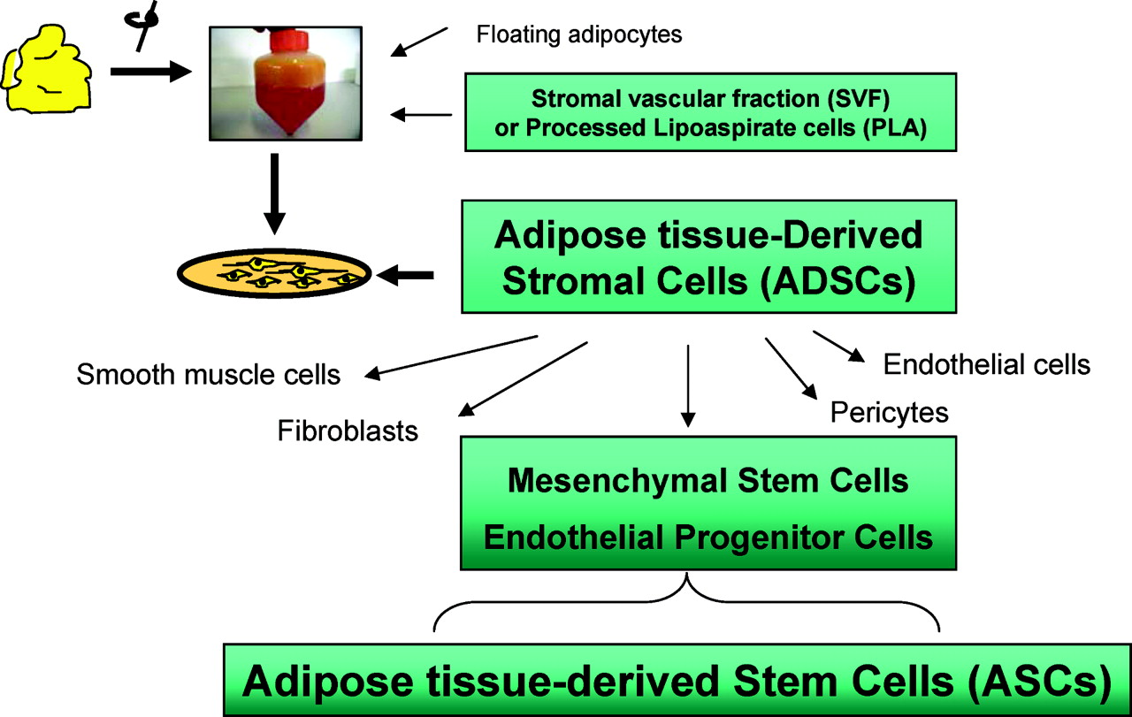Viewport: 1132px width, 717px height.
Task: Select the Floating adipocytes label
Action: (x=578, y=36)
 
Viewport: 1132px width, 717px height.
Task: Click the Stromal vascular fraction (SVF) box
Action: (x=708, y=111)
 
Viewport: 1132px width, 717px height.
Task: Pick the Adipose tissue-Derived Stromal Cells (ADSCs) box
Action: (x=708, y=256)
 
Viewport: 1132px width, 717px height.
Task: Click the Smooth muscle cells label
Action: (x=209, y=374)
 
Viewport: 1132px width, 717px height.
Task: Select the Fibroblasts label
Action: (x=348, y=431)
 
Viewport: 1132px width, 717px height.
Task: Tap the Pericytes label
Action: (x=889, y=412)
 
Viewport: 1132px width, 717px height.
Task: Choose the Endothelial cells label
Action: (x=986, y=364)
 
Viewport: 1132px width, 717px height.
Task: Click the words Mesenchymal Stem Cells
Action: (x=707, y=481)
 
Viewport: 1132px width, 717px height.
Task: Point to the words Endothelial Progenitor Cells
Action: (x=707, y=538)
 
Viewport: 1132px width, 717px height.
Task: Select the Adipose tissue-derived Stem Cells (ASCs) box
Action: (x=677, y=680)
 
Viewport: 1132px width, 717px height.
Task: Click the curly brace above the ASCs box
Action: (x=686, y=601)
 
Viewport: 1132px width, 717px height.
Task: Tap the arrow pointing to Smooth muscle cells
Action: (x=451, y=355)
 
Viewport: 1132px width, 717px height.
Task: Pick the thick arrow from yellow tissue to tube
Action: (x=150, y=72)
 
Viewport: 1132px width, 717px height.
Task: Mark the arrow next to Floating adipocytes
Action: (x=424, y=42)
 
